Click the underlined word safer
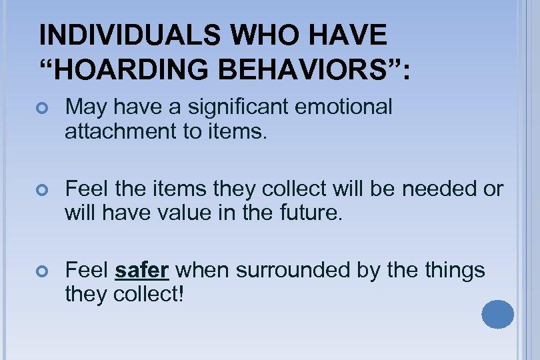point(143,270)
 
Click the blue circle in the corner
point(497,315)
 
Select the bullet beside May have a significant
point(45,107)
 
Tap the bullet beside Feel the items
point(45,189)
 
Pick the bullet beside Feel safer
point(45,271)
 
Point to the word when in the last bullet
point(202,270)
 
